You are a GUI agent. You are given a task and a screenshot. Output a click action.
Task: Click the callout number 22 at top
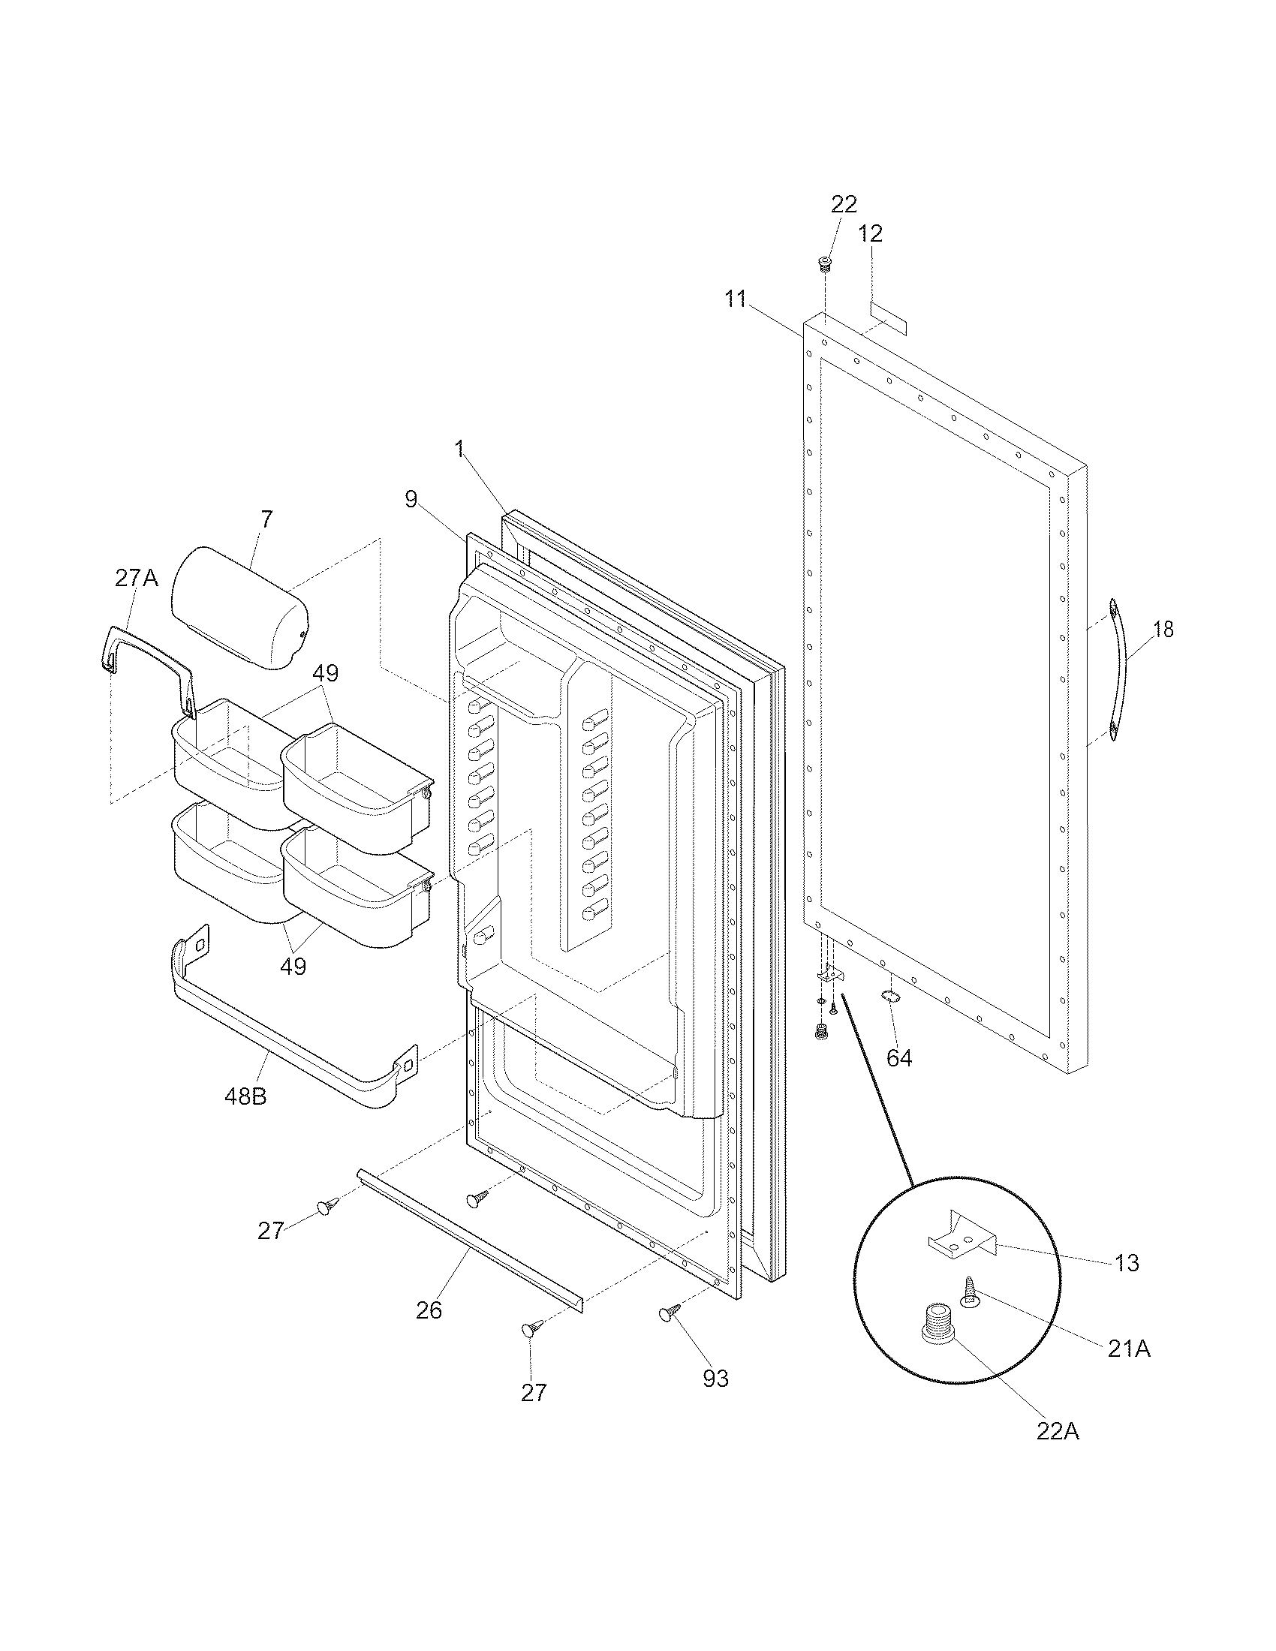844,204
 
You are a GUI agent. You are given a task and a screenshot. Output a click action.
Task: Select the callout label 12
871,233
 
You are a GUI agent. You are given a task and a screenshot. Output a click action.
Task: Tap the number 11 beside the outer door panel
736,299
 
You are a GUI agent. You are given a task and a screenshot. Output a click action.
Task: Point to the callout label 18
1163,629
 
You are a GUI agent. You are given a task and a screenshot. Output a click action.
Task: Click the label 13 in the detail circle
1127,1263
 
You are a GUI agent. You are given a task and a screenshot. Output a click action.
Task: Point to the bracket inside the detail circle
962,1235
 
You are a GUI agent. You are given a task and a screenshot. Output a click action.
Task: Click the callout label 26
429,1310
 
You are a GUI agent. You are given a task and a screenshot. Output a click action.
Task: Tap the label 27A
137,579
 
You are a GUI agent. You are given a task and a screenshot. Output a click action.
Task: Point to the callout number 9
411,498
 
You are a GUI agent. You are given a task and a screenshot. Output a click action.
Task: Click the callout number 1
459,449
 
